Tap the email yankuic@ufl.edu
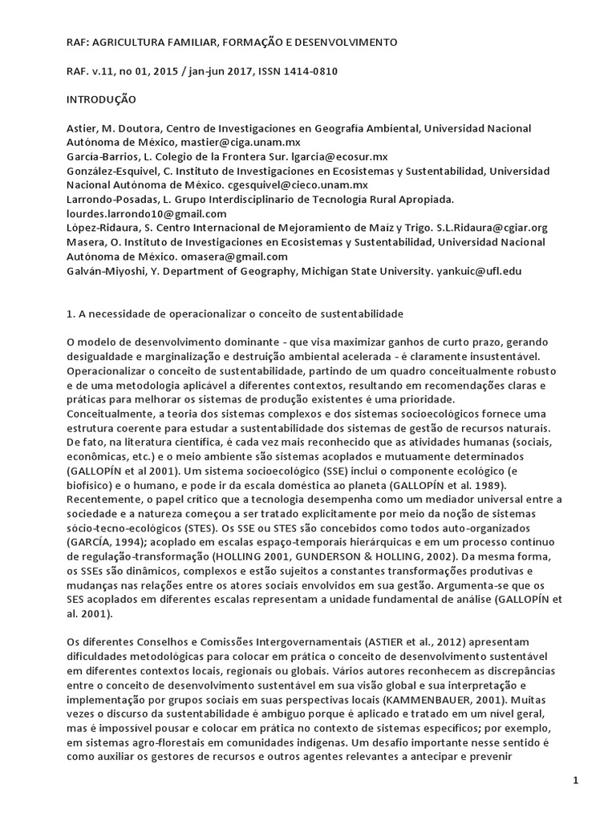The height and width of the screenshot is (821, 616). point(477,271)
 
